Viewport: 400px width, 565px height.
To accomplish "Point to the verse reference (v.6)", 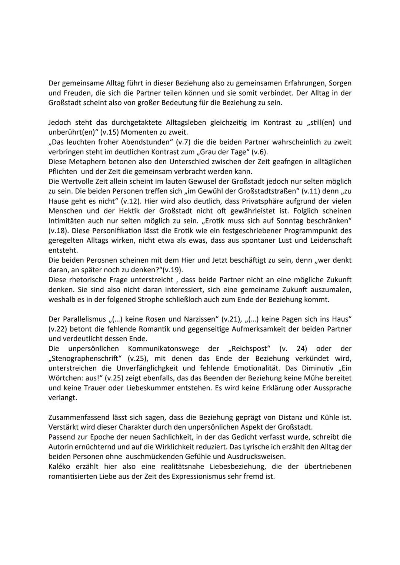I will pos(259,152).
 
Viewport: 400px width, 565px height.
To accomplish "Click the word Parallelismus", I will pos(82,319).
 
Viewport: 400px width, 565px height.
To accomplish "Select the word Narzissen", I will pos(197,319).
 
